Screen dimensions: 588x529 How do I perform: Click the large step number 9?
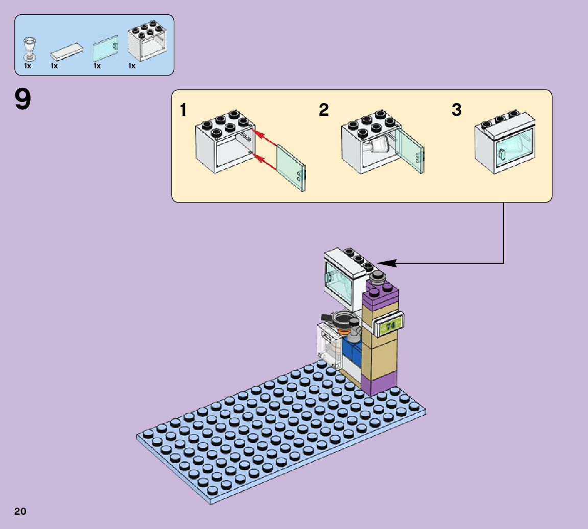pyautogui.click(x=23, y=99)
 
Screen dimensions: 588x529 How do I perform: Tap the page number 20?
pyautogui.click(x=20, y=511)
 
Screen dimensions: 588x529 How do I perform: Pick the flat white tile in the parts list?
pyautogui.click(x=66, y=51)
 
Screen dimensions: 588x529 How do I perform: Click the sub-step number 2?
pyautogui.click(x=324, y=110)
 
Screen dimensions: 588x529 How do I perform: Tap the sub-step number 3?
pyautogui.click(x=456, y=110)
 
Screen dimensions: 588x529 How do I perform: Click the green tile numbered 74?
pyautogui.click(x=391, y=325)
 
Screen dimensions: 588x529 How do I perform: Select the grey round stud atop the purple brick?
pyautogui.click(x=378, y=278)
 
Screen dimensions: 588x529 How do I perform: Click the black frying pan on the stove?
pyautogui.click(x=340, y=319)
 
